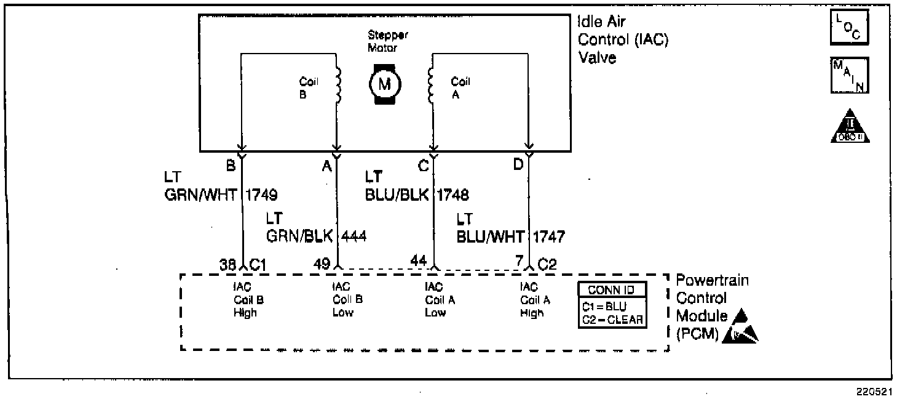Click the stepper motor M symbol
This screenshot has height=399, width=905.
[385, 84]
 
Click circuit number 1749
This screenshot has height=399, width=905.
[261, 196]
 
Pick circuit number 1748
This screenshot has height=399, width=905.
[452, 196]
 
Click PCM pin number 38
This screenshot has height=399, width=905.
[228, 264]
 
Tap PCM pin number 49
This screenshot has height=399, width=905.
[322, 264]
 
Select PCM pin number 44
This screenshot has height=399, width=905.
[418, 262]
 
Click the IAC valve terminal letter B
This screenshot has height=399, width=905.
[231, 165]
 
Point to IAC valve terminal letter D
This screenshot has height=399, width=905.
[518, 165]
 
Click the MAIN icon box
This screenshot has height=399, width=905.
[850, 76]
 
